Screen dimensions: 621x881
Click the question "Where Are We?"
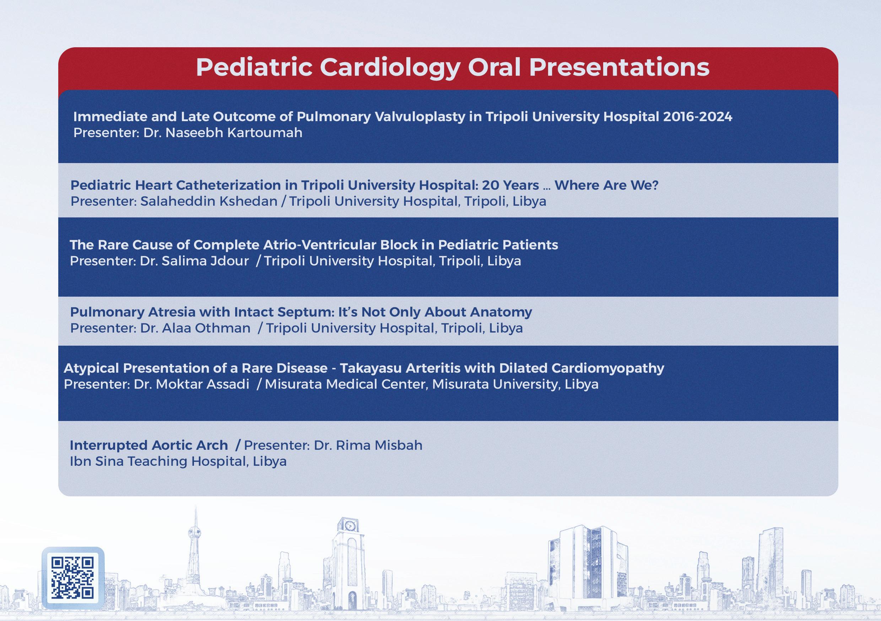coord(606,185)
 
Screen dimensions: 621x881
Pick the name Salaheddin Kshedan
coord(209,201)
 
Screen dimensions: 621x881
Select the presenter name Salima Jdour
coord(205,261)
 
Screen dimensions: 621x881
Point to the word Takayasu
coord(371,368)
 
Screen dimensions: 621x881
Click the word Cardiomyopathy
coord(608,368)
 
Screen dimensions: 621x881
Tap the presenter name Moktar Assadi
coord(202,384)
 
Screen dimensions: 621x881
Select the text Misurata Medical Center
coord(346,384)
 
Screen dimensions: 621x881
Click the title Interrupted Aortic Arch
coord(149,445)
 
